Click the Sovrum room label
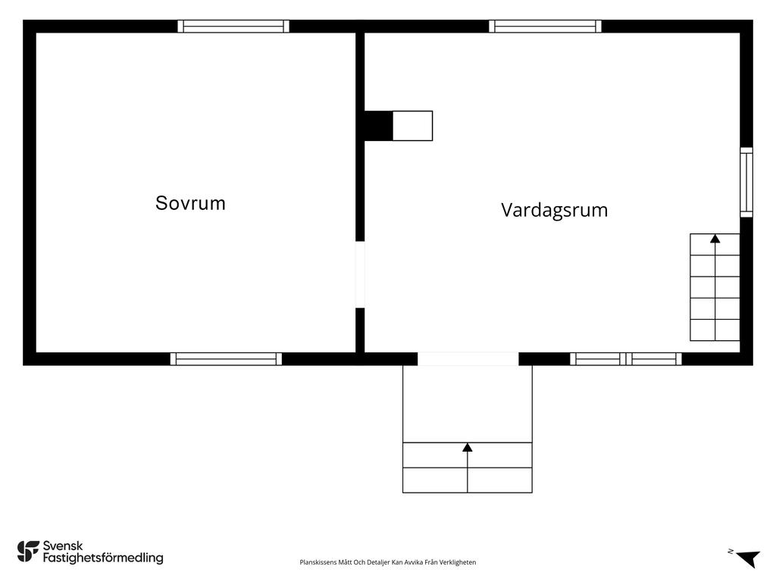(x=190, y=203)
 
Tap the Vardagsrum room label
(x=554, y=210)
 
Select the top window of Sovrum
(x=233, y=27)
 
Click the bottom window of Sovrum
(x=226, y=358)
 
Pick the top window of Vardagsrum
(x=546, y=27)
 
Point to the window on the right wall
(x=746, y=182)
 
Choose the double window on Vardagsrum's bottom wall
(x=626, y=358)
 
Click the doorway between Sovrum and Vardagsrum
(x=360, y=274)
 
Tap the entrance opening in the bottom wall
(x=468, y=358)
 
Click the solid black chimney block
(x=379, y=126)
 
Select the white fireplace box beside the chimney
(x=413, y=126)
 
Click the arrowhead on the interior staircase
(x=715, y=239)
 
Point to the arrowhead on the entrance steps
(x=468, y=447)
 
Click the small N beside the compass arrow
(x=731, y=552)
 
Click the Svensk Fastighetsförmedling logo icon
(x=28, y=552)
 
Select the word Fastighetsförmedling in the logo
(x=103, y=558)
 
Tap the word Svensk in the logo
(x=63, y=546)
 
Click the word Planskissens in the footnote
(x=318, y=562)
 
